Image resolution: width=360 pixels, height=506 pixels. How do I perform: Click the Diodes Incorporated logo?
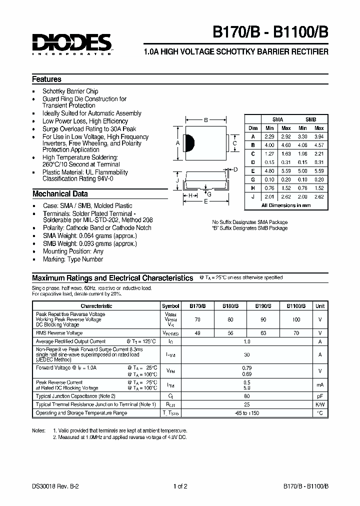click(71, 43)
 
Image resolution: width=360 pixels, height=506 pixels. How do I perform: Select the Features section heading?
click(46, 79)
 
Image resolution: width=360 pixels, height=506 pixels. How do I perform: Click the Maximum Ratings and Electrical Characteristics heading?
click(112, 278)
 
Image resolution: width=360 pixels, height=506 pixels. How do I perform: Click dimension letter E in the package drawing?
click(205, 201)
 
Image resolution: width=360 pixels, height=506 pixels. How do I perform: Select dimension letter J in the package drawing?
click(177, 180)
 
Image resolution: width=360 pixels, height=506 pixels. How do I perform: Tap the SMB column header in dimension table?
click(310, 119)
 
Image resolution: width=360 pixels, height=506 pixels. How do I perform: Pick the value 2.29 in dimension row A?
click(270, 136)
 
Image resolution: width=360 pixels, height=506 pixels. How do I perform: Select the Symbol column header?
click(170, 306)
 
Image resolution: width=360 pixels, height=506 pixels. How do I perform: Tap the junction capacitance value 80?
click(246, 396)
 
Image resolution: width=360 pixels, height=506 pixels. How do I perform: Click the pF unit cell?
click(320, 396)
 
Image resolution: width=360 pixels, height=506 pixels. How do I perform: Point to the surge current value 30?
click(246, 354)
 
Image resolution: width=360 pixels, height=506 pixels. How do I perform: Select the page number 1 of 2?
click(180, 484)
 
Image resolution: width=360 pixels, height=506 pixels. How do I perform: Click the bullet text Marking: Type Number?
click(72, 259)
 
